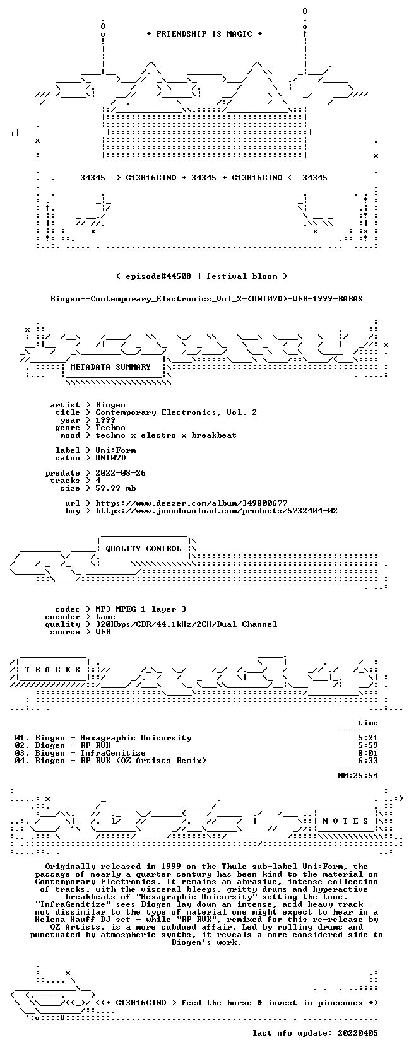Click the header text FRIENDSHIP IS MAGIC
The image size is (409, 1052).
click(x=204, y=34)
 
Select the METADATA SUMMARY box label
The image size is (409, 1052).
click(x=110, y=367)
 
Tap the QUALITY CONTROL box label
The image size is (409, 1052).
click(x=143, y=548)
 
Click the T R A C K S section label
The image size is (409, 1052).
click(x=52, y=669)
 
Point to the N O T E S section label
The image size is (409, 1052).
click(x=345, y=821)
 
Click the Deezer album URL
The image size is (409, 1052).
click(x=191, y=503)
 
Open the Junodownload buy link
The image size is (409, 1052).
click(x=216, y=510)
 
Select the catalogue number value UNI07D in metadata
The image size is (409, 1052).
click(x=110, y=457)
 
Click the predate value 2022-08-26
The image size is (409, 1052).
click(x=121, y=472)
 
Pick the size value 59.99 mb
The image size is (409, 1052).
click(x=116, y=488)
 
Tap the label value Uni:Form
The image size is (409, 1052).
click(x=116, y=450)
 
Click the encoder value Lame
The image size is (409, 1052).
click(x=105, y=617)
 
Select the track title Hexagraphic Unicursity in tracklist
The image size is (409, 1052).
click(x=136, y=738)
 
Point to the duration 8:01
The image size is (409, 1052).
click(x=367, y=753)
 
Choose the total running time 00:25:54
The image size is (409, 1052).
click(x=358, y=775)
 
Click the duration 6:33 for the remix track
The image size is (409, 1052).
click(x=367, y=761)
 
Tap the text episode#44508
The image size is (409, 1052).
click(x=158, y=276)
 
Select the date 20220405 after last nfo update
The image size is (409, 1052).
click(x=358, y=1032)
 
